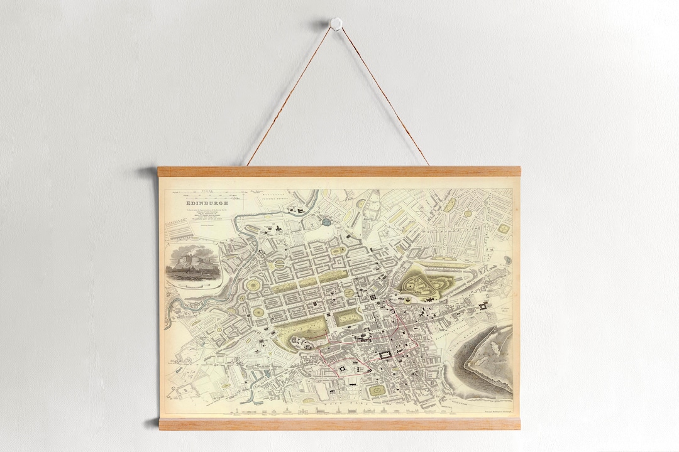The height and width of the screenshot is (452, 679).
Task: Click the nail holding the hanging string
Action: [336, 23]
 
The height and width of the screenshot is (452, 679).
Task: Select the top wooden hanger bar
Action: [339, 171]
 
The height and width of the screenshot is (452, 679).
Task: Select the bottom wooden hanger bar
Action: [339, 424]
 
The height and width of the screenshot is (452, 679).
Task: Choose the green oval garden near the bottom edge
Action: [377, 390]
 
